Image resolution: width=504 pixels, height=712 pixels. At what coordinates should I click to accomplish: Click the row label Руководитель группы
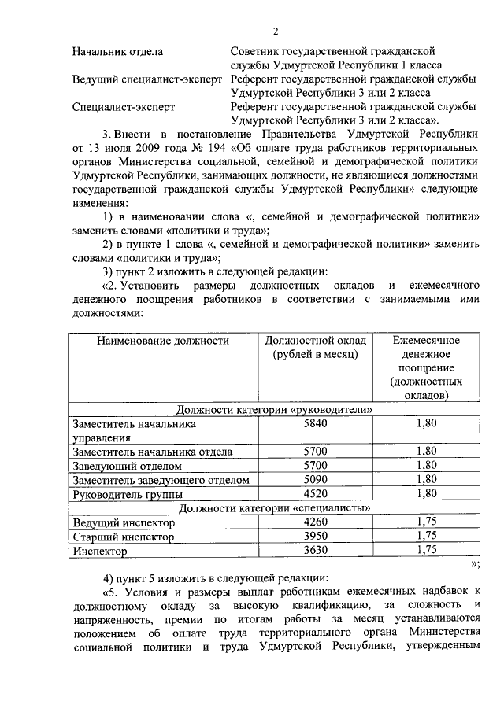click(128, 494)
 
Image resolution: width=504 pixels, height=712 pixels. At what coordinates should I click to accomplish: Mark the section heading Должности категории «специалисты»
click(274, 508)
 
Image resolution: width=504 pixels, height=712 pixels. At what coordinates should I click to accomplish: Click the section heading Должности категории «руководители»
click(274, 410)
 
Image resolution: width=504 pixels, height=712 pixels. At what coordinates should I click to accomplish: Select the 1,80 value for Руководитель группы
click(426, 493)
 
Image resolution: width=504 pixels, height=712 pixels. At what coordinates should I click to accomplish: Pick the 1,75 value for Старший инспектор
click(426, 537)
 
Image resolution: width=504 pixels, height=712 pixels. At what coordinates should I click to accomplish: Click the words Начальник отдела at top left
click(117, 53)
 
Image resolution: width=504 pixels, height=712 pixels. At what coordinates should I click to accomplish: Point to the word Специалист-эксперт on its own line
click(123, 106)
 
